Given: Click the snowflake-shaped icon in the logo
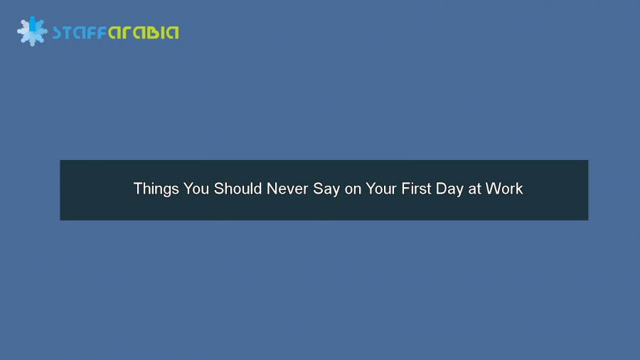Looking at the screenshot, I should click(x=32, y=31).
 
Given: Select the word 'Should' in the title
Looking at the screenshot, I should click(x=238, y=189).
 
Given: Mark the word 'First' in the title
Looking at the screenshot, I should click(x=419, y=189).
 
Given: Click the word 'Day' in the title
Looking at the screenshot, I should click(x=452, y=189).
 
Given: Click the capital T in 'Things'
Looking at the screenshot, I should click(x=137, y=189).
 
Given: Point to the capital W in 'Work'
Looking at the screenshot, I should click(x=493, y=189).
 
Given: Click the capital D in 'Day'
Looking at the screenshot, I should click(x=444, y=189).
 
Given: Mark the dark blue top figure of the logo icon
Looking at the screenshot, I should click(x=32, y=21).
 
